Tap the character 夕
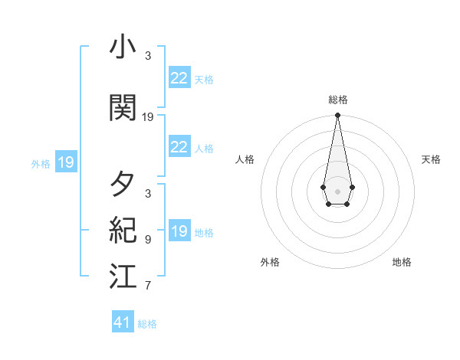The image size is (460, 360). [x=123, y=185]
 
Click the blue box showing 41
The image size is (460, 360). [x=123, y=322]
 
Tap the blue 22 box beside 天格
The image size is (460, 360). [x=179, y=78]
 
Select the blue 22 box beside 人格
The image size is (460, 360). [x=179, y=147]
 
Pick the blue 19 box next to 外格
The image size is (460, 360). [x=65, y=162]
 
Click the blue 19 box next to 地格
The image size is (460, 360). [x=179, y=231]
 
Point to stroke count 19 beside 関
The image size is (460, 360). [x=148, y=117]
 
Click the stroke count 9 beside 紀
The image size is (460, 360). [x=148, y=240]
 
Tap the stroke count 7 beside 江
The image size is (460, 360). [x=148, y=286]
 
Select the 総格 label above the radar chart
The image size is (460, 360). [x=338, y=100]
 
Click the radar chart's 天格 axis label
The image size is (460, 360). [x=431, y=159]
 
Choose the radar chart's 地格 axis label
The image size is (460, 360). [x=402, y=262]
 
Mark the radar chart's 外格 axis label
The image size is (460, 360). [x=270, y=262]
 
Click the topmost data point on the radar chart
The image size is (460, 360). [x=337, y=116]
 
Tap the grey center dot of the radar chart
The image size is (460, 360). [x=337, y=190]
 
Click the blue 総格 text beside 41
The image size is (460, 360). [x=147, y=324]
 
